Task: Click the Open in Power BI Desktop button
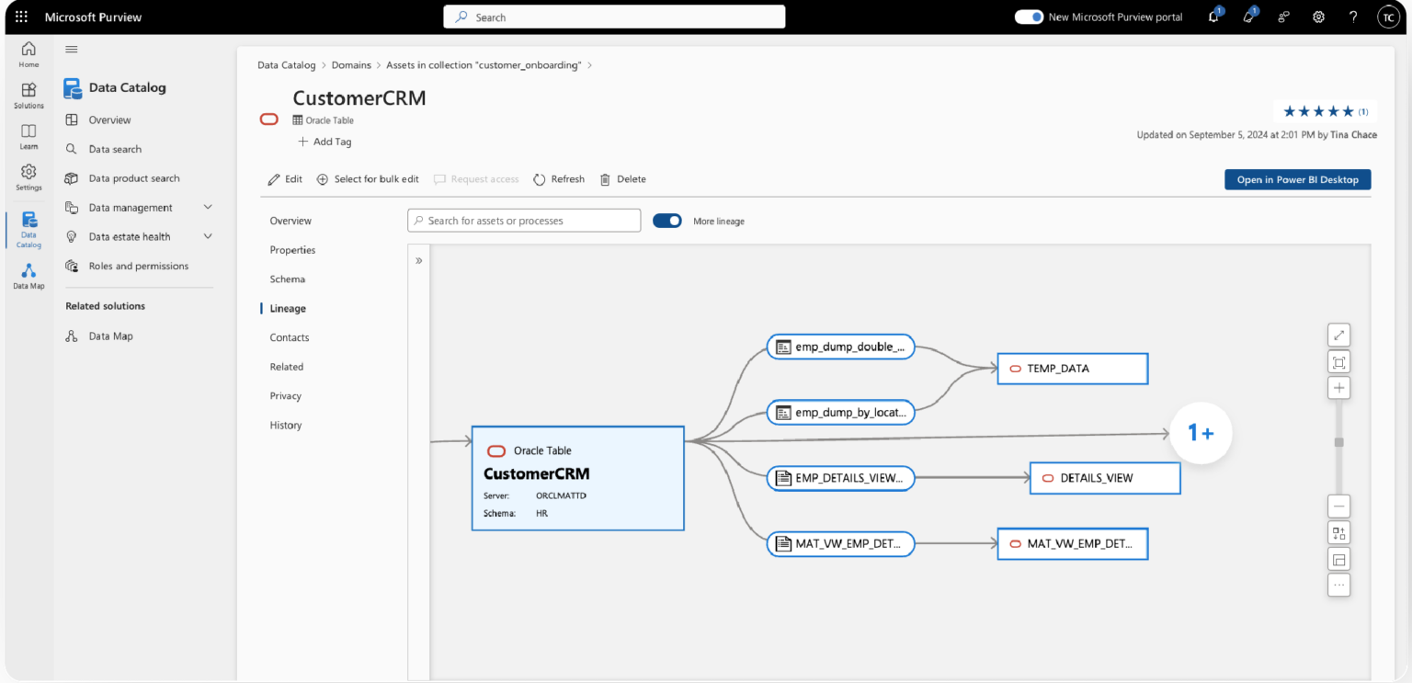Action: pos(1297,179)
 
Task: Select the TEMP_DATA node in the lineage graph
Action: pos(1072,369)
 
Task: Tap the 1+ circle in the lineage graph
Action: pos(1201,432)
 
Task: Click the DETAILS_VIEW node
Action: pos(1104,478)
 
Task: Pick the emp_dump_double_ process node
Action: pos(840,347)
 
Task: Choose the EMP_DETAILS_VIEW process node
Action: pos(840,478)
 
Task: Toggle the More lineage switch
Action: pos(667,221)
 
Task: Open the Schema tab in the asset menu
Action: pos(288,279)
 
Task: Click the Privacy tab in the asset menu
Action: pos(286,396)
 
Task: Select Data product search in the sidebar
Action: pos(134,178)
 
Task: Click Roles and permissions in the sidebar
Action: pos(138,267)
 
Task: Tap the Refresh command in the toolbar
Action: pos(559,179)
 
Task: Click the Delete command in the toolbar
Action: pos(623,179)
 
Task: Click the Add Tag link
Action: pos(325,142)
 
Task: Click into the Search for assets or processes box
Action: pos(524,221)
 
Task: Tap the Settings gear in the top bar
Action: pos(1318,17)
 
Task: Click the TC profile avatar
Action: pos(1387,17)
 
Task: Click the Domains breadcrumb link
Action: pos(351,65)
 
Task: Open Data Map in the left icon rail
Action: pos(28,276)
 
